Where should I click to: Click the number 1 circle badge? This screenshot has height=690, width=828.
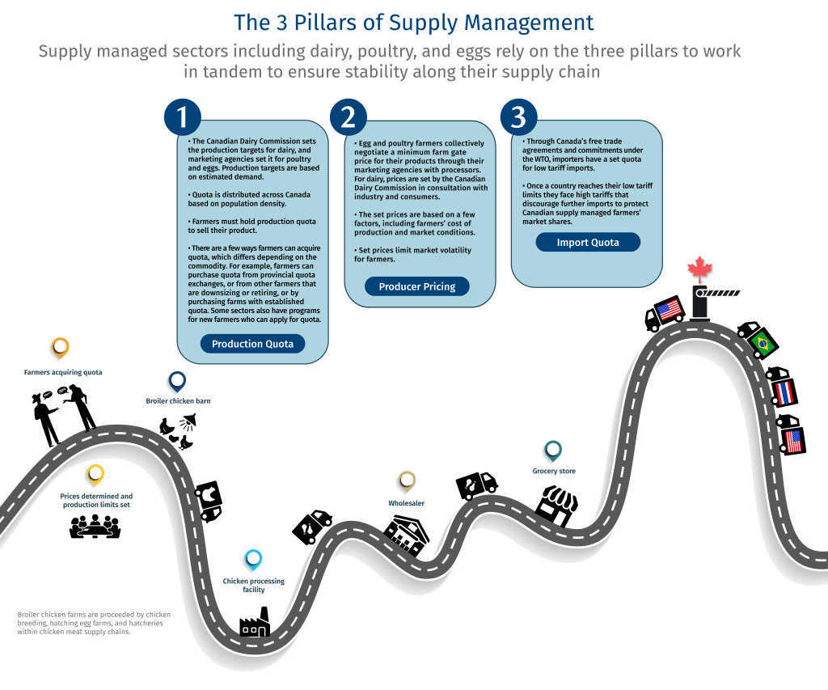[183, 116]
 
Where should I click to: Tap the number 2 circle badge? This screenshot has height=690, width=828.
[349, 116]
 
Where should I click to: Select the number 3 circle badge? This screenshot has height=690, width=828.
[518, 116]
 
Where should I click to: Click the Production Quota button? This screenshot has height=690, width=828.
[252, 344]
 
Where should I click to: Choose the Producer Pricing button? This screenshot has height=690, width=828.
[417, 286]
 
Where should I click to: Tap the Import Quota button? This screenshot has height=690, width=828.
[588, 243]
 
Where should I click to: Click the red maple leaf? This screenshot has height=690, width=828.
[700, 269]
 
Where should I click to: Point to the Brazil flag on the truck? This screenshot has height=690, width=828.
[763, 344]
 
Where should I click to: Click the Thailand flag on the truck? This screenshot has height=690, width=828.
[784, 392]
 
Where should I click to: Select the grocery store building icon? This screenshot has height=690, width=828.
[556, 506]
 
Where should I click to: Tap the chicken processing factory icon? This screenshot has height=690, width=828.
[255, 622]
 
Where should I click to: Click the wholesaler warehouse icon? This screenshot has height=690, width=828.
[406, 535]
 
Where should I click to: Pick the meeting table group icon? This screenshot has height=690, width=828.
[95, 527]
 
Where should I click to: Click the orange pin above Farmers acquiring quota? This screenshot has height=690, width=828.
[60, 348]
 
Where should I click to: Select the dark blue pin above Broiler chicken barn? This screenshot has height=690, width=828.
[177, 381]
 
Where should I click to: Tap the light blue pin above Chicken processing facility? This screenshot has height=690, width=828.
[253, 560]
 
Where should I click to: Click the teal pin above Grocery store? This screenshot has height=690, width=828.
[553, 451]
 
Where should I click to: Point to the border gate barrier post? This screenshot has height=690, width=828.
[700, 304]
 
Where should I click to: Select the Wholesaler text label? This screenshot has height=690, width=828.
[406, 503]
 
